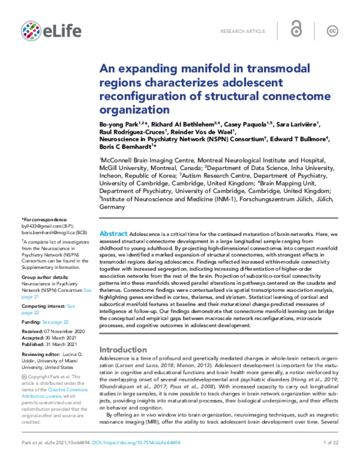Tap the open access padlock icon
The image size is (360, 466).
(296, 30)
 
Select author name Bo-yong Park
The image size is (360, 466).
(116, 124)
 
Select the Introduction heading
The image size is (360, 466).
(127, 349)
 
